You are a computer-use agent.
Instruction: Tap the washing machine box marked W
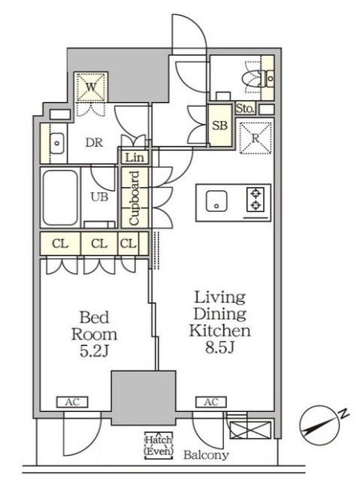pos(91,87)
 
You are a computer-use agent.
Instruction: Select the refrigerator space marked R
pos(256,138)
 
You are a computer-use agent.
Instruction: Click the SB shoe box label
pos(219,126)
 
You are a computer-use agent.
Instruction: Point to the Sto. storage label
pos(246,109)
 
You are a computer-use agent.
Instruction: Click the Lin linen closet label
pos(135,158)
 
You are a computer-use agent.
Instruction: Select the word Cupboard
pos(135,198)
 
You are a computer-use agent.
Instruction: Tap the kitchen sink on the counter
pos(216,201)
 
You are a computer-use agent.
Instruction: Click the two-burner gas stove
pos(256,200)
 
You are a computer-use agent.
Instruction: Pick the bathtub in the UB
pos(60,198)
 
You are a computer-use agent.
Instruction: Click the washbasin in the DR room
pos(57,144)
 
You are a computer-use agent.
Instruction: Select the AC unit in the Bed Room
pos(72,402)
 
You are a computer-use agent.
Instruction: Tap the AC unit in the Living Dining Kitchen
pos(211,402)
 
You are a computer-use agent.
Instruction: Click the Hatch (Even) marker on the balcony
pos(159,445)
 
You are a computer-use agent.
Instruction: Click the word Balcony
pos(206,455)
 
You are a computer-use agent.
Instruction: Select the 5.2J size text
pos(94,351)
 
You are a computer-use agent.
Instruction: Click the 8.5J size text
pos(219,347)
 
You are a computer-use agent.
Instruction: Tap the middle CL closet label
pos(99,244)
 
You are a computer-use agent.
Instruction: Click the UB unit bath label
pos(100,197)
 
